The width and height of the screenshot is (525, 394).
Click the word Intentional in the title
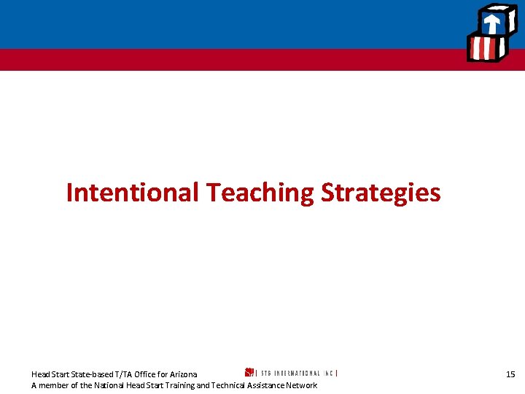point(132,193)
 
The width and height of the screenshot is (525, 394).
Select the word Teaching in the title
point(260,193)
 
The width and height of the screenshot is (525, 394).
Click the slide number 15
point(510,374)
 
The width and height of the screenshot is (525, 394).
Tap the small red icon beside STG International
point(249,373)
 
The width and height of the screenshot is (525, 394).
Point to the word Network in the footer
point(301,385)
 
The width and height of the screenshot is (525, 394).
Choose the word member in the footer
point(55,385)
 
